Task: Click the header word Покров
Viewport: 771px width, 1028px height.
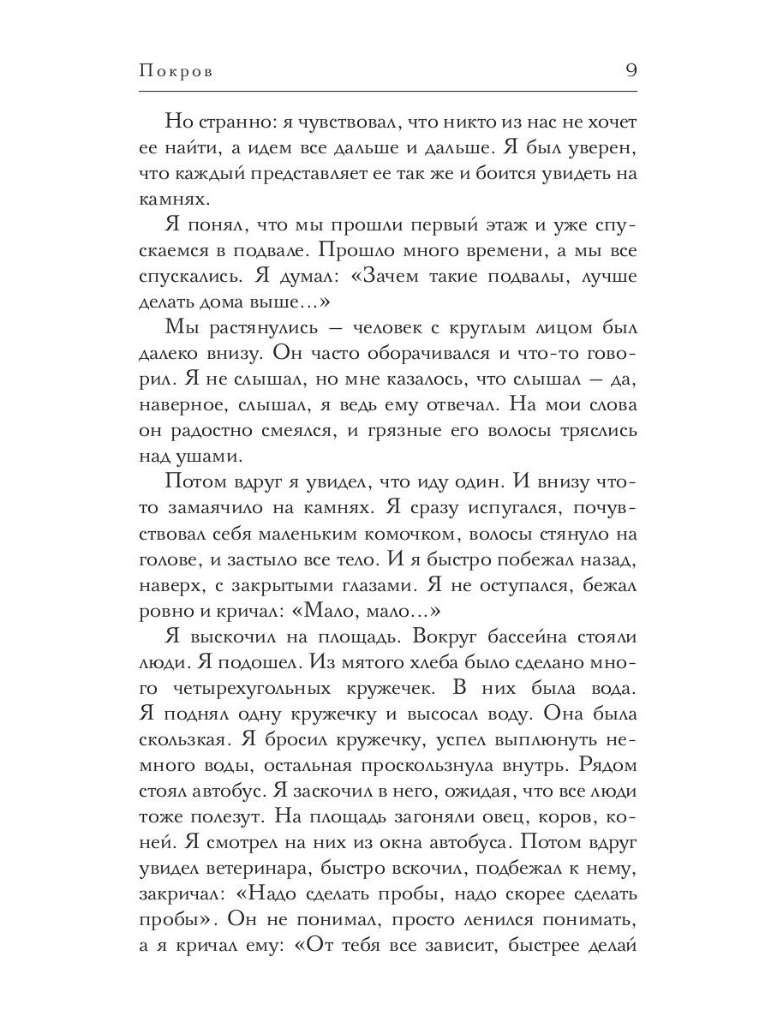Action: coord(175,71)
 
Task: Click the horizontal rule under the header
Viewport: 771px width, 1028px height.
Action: coord(387,91)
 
